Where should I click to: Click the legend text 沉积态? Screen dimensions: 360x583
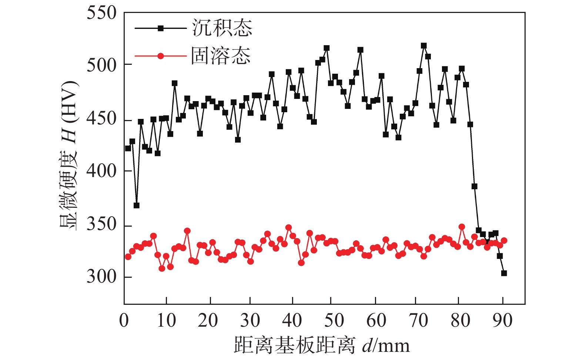[x=222, y=28]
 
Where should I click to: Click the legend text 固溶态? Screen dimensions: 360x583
[x=221, y=56]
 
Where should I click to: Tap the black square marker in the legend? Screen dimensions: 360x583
[x=160, y=28]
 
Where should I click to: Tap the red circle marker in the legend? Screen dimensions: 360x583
[x=160, y=56]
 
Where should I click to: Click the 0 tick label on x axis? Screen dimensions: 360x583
[x=124, y=321]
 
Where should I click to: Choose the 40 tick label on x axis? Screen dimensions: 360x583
[x=292, y=321]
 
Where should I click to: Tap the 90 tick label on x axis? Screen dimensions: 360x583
[x=503, y=321]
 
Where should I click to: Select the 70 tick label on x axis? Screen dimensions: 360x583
[x=419, y=321]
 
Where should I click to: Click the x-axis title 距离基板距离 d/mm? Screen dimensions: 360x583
[x=322, y=345]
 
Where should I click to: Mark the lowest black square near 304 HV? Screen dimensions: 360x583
[x=504, y=273]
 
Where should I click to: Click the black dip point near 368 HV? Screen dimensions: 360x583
[x=137, y=205]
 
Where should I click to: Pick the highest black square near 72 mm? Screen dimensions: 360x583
[x=424, y=46]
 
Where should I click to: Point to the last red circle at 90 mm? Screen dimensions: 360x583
[x=504, y=240]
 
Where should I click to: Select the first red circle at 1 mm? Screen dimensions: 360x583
[x=128, y=257]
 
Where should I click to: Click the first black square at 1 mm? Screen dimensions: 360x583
[x=128, y=148]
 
